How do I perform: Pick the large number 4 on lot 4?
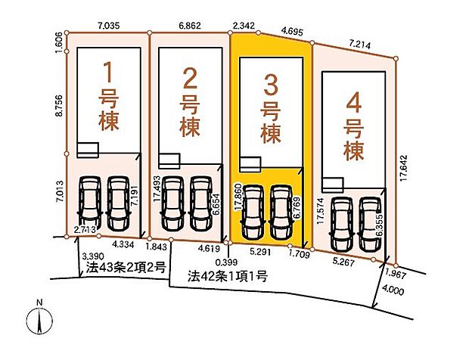(353, 101)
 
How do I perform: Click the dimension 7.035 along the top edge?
(109, 24)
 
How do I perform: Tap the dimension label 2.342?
(244, 25)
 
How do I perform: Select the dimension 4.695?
(291, 32)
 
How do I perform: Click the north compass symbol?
(39, 321)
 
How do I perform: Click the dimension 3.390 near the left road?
(92, 256)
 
